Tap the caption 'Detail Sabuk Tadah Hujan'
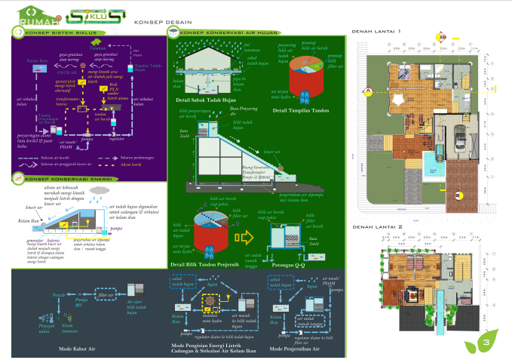(x=202, y=100)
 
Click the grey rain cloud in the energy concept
(x=98, y=190)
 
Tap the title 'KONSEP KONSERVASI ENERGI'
(x=57, y=180)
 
